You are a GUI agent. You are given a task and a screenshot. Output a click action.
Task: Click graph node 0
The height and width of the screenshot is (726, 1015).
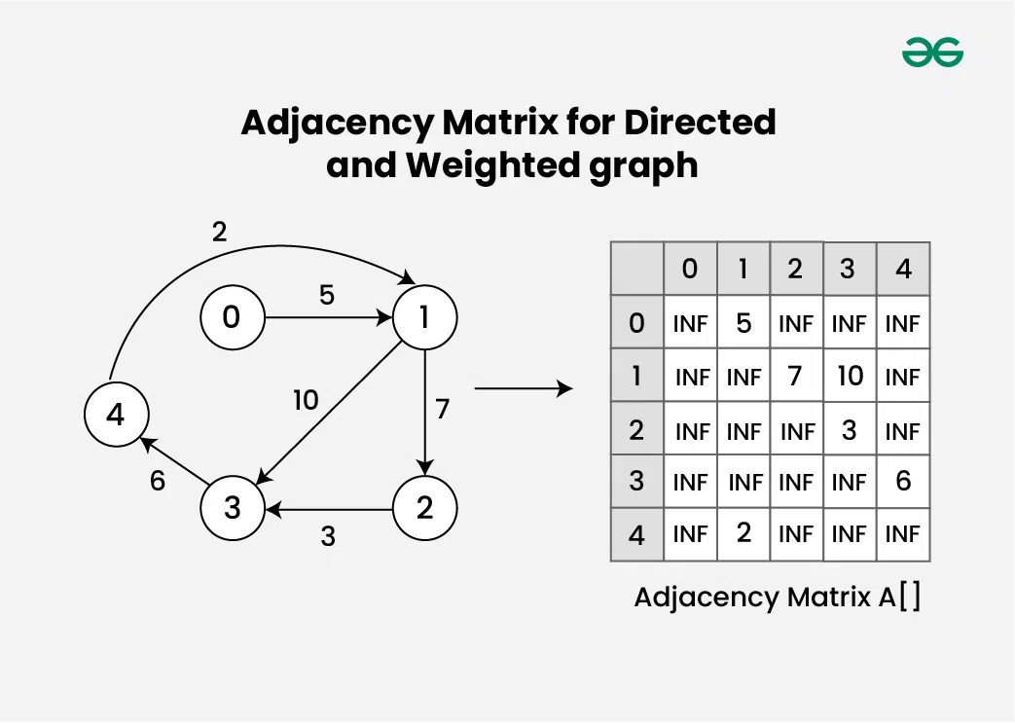pos(232,317)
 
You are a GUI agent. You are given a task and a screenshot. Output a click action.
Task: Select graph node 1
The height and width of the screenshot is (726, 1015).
pos(424,317)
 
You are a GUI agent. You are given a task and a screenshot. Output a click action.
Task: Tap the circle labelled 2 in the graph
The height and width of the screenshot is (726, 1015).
pos(424,509)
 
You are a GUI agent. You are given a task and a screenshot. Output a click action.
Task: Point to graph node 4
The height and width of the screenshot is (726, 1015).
pos(116,415)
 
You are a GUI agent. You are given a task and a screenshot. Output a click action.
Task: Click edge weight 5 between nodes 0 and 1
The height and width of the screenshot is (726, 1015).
pos(327,295)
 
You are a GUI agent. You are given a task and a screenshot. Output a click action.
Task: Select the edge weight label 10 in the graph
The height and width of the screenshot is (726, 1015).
pos(306,400)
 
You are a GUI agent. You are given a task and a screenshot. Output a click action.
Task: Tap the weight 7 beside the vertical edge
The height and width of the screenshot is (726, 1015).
pos(443,409)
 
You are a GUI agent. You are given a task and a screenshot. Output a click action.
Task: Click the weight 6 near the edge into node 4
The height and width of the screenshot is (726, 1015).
pos(158,481)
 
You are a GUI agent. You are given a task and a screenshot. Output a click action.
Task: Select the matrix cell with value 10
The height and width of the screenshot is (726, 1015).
pos(850,376)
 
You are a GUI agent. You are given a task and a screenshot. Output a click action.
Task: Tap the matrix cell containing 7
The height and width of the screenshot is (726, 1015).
pos(795,376)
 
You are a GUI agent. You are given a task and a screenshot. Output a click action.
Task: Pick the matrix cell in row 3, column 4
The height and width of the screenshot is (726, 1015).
pos(903,481)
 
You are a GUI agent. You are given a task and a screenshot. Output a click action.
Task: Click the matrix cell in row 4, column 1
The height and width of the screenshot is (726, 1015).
pos(743,533)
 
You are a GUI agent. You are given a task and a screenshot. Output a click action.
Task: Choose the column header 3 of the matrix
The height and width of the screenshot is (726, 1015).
pos(847,269)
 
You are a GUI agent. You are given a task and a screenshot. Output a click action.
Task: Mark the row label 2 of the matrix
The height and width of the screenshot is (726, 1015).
pos(636,429)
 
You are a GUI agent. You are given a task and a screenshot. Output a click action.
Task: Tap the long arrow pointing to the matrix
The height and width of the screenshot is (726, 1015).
pos(523,389)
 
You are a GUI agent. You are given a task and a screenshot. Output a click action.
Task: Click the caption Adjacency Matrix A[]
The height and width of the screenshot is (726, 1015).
pos(777,597)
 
